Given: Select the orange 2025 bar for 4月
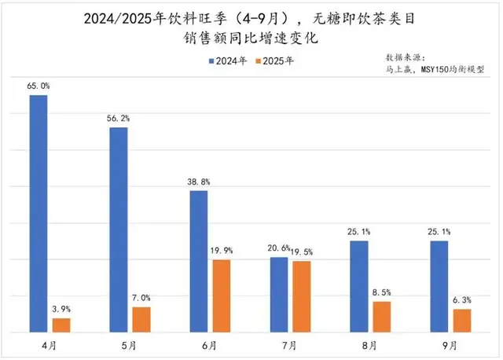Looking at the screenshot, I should [61, 325].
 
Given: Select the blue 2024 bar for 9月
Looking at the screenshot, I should [439, 287].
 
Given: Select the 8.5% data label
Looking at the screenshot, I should [383, 292].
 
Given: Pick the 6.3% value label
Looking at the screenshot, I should [463, 300].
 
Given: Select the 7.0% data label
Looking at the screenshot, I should [142, 298].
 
